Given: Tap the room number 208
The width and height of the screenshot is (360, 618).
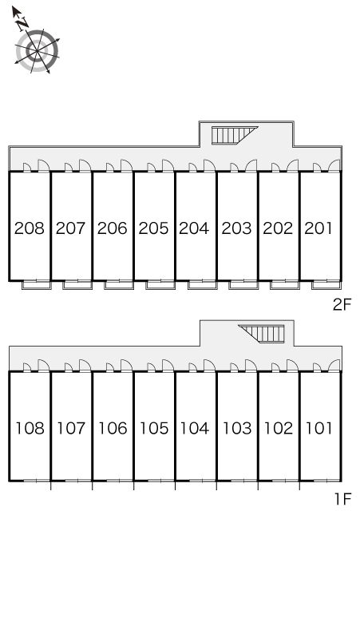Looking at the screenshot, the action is click(x=30, y=228).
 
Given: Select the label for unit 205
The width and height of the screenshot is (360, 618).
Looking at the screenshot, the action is click(x=153, y=228).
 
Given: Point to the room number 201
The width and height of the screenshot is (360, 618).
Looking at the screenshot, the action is click(x=318, y=228).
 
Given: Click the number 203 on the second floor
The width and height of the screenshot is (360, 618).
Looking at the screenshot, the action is click(x=236, y=228).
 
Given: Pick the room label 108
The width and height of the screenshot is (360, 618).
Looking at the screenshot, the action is click(x=30, y=428).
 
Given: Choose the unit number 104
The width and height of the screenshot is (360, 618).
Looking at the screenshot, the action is click(x=194, y=428).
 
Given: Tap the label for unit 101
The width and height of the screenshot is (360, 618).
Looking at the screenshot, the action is click(x=319, y=428).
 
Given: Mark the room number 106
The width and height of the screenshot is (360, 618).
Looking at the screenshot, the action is click(x=113, y=428).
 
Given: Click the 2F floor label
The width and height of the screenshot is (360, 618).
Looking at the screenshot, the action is click(x=342, y=305).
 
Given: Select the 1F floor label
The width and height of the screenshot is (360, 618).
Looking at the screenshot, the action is click(x=342, y=499).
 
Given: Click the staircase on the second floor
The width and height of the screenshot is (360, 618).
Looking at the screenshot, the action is click(x=235, y=135).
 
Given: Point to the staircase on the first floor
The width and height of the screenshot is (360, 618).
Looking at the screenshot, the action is click(x=261, y=334).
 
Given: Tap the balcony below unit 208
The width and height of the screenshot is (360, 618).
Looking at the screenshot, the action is click(x=36, y=284).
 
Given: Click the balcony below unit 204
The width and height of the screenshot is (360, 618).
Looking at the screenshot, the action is click(x=203, y=284).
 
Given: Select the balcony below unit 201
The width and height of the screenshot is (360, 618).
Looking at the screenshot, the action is click(x=326, y=284).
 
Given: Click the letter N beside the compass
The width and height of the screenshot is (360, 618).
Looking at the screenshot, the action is click(x=22, y=24).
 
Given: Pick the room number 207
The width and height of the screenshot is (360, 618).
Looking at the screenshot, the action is click(x=70, y=228).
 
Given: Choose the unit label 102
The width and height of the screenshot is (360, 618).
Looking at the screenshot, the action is click(x=278, y=428).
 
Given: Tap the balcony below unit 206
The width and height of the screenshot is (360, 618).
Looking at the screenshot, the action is click(x=119, y=284).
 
